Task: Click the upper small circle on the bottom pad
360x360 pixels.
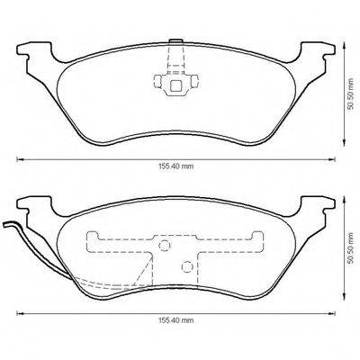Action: click(x=165, y=246)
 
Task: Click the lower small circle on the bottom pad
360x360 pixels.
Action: click(x=185, y=265)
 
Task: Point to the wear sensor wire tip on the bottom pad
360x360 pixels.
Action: click(x=6, y=225)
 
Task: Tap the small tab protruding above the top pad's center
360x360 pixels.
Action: click(x=175, y=41)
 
